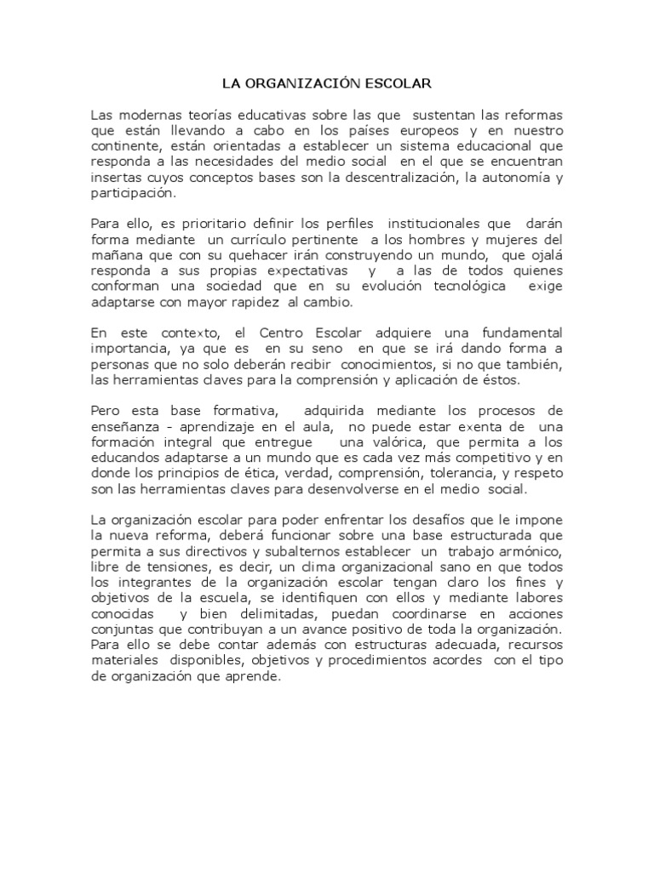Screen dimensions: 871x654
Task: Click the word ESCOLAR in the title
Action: tap(399, 84)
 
